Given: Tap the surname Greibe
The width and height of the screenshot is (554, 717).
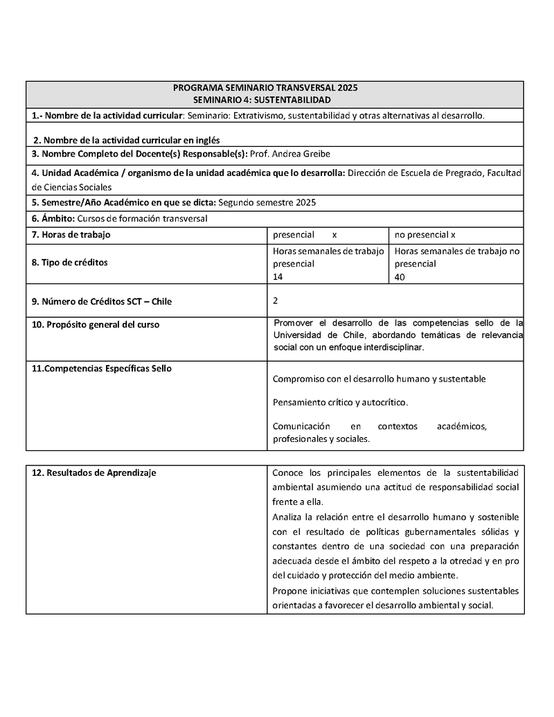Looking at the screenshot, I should point(324,154).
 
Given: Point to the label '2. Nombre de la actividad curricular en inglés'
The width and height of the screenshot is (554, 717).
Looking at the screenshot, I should point(127,140).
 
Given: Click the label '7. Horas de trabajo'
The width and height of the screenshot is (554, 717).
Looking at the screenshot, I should point(71,234).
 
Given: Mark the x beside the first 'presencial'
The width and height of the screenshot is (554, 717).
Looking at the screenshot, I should point(334,235).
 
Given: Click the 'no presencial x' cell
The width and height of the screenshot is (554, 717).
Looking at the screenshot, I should point(425,235).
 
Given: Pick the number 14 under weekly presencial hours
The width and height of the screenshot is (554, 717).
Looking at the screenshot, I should point(278,276).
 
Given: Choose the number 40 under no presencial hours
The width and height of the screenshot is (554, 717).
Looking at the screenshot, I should point(400,276).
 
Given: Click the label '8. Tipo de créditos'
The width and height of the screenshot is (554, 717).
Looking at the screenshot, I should point(70,263).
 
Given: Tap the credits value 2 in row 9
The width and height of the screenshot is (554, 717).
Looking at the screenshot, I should point(276,301).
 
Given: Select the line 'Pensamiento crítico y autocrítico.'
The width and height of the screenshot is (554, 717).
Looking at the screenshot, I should point(341,402).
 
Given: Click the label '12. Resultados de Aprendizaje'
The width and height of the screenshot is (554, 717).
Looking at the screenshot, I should point(94,472).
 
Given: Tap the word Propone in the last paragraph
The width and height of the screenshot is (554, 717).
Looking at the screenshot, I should point(289,591).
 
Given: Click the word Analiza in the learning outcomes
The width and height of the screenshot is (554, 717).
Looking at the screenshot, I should point(288,517).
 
